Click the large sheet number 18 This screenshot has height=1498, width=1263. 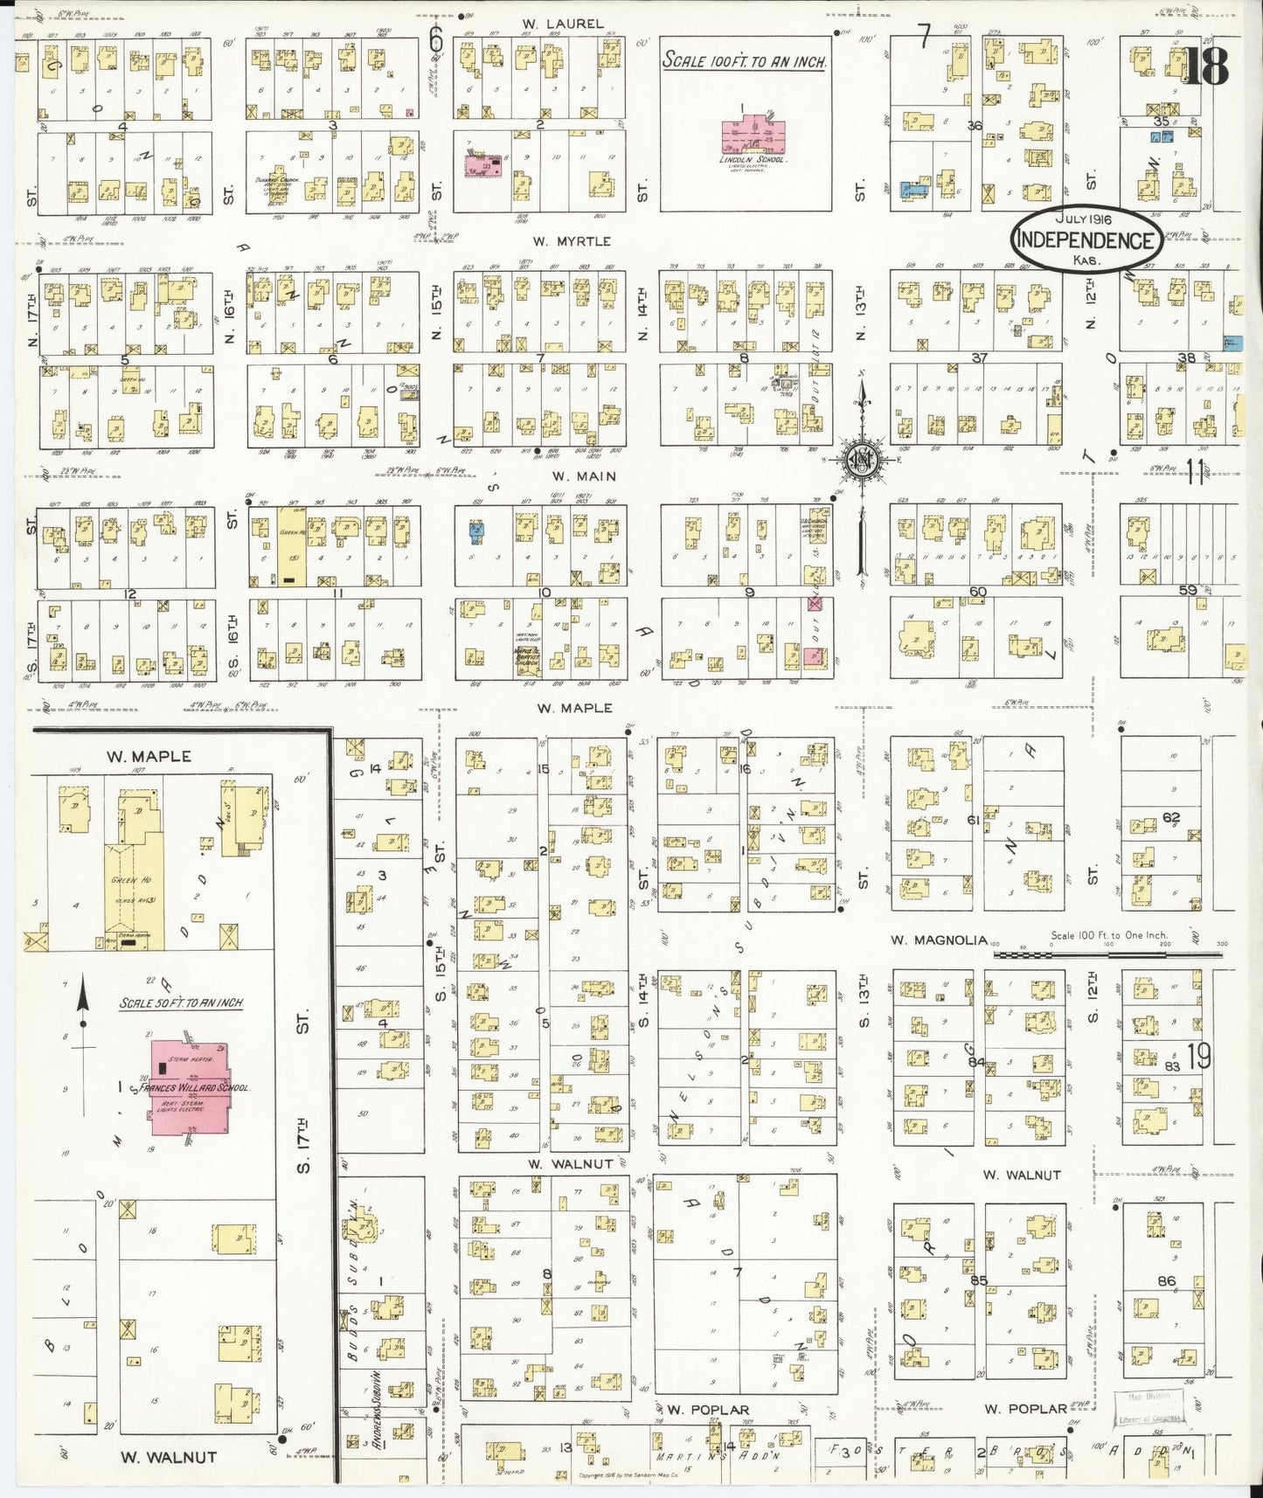(x=1206, y=66)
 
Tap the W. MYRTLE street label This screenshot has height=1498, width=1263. (x=573, y=241)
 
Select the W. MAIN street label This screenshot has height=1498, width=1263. (x=583, y=476)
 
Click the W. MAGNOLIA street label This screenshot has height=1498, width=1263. (x=939, y=940)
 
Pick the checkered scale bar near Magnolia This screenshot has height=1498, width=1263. (x=1107, y=955)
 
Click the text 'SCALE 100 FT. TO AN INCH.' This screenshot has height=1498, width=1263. (x=744, y=60)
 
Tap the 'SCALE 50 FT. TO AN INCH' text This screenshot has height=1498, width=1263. (x=181, y=1003)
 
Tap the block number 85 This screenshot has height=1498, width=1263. (x=978, y=1281)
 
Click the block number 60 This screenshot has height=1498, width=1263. (x=977, y=592)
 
